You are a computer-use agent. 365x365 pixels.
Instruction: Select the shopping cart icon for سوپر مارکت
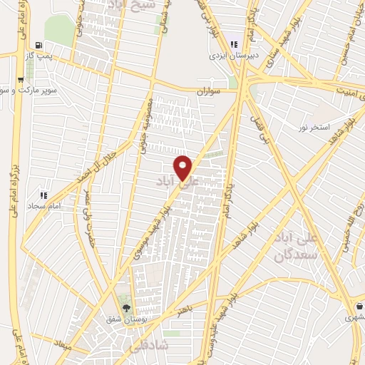21,81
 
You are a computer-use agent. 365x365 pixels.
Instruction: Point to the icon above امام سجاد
43,195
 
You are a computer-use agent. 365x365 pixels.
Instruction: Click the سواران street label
211,91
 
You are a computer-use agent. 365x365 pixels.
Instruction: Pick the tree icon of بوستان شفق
126,309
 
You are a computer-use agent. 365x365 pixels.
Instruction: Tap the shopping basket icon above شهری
359,307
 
